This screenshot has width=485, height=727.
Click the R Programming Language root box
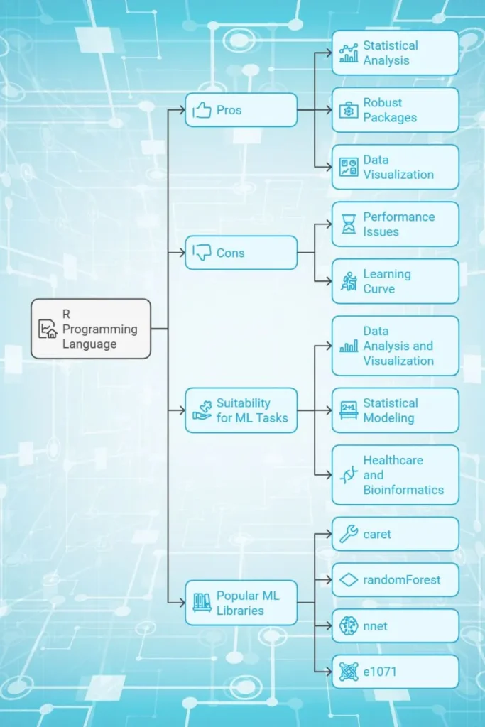91,328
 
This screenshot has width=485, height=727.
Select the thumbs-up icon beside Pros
202,110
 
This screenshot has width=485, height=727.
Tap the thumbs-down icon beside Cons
202,252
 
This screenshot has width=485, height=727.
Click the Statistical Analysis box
395,53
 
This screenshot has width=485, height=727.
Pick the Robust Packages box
395,110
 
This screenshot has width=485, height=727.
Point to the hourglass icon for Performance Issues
349,224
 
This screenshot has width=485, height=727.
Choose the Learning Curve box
395,281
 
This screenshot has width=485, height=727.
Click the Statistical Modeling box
395,410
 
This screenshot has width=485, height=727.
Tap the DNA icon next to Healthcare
348,475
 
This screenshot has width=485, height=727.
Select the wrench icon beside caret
349,534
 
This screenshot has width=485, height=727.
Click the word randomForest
402,580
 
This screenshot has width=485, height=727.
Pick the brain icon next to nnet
349,625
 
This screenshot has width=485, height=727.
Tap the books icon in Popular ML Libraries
202,603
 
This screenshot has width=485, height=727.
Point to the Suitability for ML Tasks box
241,410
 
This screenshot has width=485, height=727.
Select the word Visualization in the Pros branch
398,175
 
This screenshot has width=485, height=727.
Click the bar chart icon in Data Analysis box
349,346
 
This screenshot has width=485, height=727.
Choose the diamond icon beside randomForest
349,580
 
